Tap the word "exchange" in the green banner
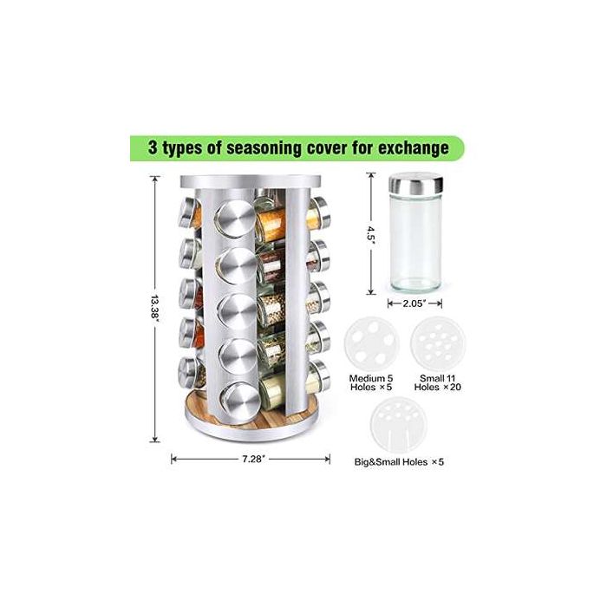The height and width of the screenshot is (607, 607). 414,148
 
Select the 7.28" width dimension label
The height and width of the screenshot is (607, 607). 253,459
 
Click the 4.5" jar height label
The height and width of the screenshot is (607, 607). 372,233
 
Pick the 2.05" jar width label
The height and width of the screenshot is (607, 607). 414,303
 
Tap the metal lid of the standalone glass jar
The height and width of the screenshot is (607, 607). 415,184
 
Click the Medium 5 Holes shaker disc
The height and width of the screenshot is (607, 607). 372,344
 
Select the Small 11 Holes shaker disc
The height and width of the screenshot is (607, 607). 438,343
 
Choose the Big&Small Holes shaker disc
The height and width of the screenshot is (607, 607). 399,425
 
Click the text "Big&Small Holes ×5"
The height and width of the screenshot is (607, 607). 399,462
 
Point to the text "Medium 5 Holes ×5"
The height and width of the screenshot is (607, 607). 371,382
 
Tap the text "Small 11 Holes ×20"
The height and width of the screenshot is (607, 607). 438,382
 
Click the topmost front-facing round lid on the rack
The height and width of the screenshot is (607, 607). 235,219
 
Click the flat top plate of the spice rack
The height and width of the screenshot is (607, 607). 251,181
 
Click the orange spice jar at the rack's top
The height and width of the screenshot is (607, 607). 271,222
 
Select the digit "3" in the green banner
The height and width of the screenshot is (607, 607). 153,147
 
